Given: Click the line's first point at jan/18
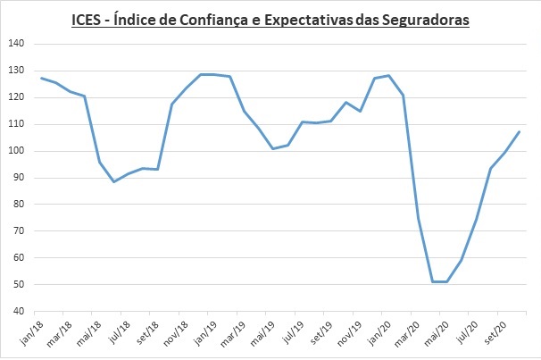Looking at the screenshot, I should tap(41, 78).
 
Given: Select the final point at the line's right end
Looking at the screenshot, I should tap(520, 132).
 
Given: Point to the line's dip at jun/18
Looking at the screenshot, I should tap(114, 182).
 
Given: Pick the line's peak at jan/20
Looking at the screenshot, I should tap(389, 76).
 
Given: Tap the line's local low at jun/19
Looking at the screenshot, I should tap(273, 148).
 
